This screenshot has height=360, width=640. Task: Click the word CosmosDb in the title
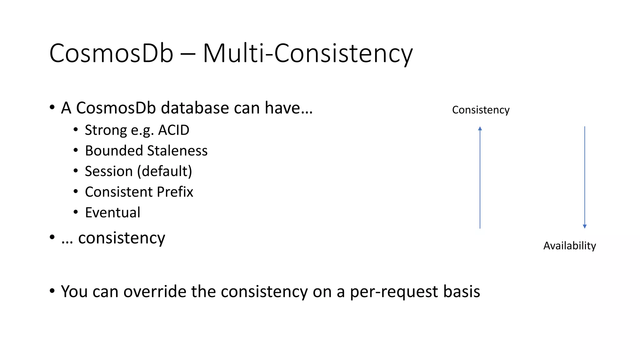coord(111,53)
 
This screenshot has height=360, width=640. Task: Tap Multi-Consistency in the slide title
coord(308,53)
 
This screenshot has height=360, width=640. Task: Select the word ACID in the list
coord(174,130)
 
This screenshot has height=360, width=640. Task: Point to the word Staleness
coord(177,151)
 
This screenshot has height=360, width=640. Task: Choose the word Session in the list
coord(109,171)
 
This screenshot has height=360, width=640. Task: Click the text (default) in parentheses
coord(165,171)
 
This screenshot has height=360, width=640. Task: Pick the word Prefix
coord(175,192)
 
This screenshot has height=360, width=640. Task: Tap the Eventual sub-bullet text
coord(112,212)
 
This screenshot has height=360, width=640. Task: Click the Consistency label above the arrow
coord(481,110)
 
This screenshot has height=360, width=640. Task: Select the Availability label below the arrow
coord(569,246)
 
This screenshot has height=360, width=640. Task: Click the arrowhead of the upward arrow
coord(480,128)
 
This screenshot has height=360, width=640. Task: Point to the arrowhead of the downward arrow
coord(585,226)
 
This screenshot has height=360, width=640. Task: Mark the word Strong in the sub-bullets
coord(106,130)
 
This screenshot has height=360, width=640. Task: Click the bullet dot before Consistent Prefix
coord(76,191)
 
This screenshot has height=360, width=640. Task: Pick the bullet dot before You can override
coord(52,291)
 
